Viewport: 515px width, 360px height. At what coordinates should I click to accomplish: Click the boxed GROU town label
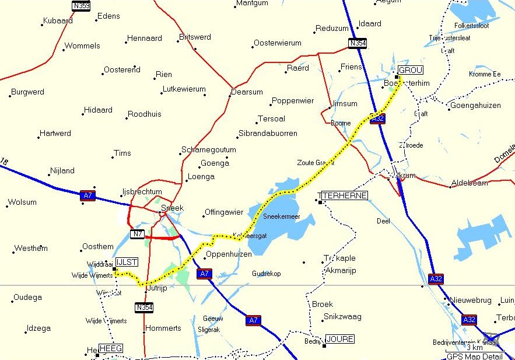tap(409, 70)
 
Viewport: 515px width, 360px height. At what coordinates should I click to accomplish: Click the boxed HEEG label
tap(111, 348)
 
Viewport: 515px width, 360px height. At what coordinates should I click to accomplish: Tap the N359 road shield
tap(81, 6)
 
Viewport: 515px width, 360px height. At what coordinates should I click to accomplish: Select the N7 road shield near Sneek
tap(137, 234)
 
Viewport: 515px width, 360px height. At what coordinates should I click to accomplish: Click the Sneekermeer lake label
tap(281, 216)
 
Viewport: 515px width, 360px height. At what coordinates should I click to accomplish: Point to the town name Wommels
tap(82, 46)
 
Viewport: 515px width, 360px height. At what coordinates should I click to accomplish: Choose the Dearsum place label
tap(247, 92)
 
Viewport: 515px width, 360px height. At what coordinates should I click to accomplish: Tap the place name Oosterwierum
tap(277, 43)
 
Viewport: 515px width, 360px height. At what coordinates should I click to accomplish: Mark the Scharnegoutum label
tap(209, 150)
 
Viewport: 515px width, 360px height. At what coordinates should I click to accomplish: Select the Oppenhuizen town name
tap(229, 254)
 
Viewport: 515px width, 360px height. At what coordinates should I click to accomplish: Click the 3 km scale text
tap(474, 347)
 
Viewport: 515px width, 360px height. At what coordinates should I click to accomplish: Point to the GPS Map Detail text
tap(474, 356)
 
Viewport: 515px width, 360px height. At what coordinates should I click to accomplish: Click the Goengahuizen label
tap(475, 106)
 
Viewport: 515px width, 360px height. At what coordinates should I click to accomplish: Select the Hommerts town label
tap(163, 328)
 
